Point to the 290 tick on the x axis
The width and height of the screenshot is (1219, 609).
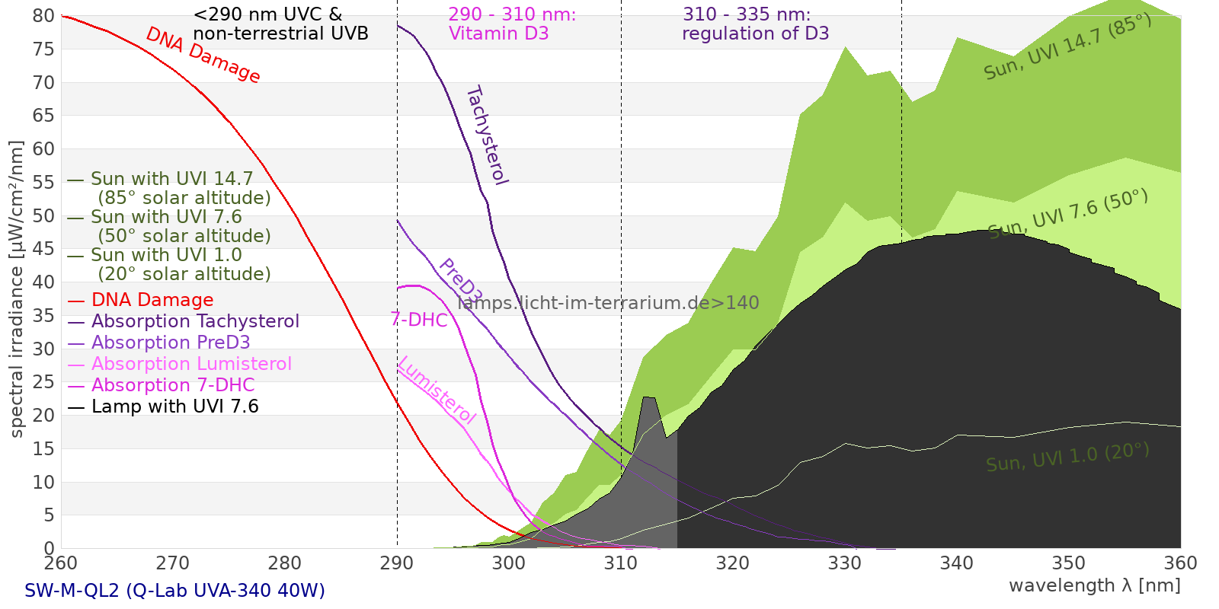[397, 563]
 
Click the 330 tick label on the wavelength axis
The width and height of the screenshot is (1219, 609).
[844, 563]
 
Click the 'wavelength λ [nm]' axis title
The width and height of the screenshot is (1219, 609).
[1094, 585]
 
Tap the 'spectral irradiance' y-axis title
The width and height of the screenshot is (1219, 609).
[17, 289]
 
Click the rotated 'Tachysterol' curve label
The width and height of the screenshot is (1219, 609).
[487, 135]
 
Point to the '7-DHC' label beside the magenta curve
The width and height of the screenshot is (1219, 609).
[419, 320]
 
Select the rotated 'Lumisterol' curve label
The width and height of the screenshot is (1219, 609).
[437, 390]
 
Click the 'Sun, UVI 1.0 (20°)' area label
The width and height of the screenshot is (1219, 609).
[1067, 458]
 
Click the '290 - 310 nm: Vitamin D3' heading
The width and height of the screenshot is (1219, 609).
[511, 24]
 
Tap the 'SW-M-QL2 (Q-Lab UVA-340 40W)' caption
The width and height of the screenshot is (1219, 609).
[174, 591]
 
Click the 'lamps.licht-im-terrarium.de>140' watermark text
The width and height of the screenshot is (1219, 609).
[608, 303]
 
